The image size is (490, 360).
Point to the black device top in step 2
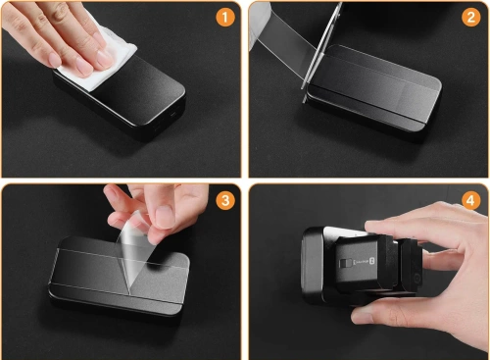click(382, 88)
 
